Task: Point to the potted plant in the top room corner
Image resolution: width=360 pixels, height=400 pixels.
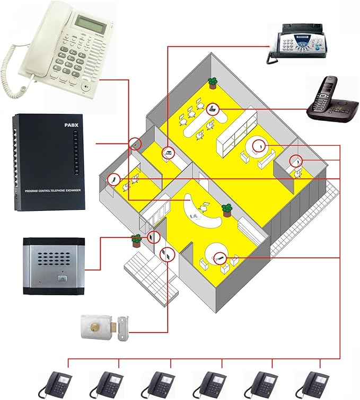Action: [x=213, y=83]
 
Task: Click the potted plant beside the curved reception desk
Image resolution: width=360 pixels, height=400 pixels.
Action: [x=227, y=210]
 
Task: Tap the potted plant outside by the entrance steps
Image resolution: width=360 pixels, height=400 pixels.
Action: [x=136, y=240]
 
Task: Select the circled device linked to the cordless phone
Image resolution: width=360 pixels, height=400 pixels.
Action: [x=213, y=109]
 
